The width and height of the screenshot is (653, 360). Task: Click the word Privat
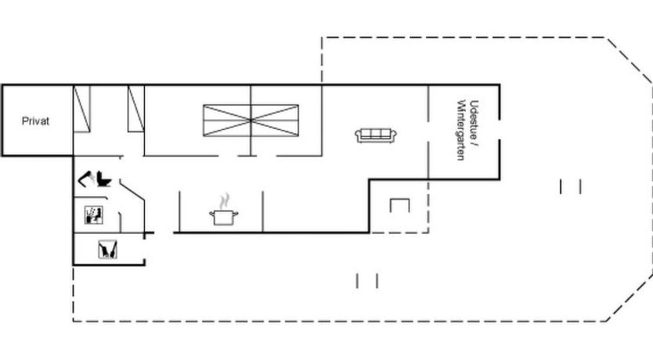pos(35,121)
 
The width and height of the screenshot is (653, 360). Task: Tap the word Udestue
pos(474,117)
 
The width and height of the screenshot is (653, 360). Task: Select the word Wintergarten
pos(461,130)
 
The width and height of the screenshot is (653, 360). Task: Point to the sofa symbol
pos(376,135)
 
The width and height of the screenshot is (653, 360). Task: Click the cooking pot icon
pos(224,218)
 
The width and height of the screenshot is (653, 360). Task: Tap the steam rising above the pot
pos(225,200)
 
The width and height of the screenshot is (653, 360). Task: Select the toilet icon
pos(103,179)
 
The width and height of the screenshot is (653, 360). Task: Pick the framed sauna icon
pos(94,214)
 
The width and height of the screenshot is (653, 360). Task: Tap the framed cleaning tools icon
pos(108,250)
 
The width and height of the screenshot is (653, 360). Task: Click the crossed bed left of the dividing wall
pos(227,121)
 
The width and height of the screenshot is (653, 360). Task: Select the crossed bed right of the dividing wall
pos(275,121)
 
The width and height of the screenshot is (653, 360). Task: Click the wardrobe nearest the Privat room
pos(81,109)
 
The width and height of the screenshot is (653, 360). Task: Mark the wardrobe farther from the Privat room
pos(136,109)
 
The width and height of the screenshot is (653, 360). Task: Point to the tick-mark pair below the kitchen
pos(367,280)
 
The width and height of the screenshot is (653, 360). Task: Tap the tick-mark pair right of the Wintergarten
pos(571,186)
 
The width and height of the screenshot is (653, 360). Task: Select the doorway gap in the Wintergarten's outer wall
pos(500,129)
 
